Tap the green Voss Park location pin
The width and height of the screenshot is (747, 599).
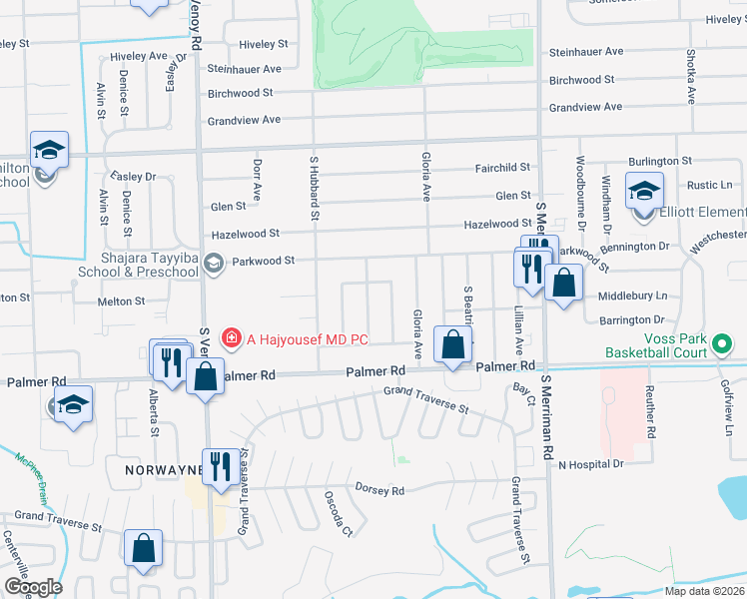tap(724, 345)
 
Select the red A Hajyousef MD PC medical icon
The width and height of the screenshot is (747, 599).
tap(232, 338)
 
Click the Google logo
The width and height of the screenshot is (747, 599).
tap(33, 587)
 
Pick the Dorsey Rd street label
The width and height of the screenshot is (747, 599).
tap(379, 489)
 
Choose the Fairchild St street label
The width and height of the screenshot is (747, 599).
tap(503, 169)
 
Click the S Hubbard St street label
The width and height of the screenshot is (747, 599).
tap(314, 187)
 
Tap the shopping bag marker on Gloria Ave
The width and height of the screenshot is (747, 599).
tap(453, 346)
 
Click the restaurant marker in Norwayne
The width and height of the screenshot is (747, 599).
tap(221, 467)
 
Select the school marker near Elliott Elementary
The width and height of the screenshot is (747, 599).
tap(644, 190)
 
